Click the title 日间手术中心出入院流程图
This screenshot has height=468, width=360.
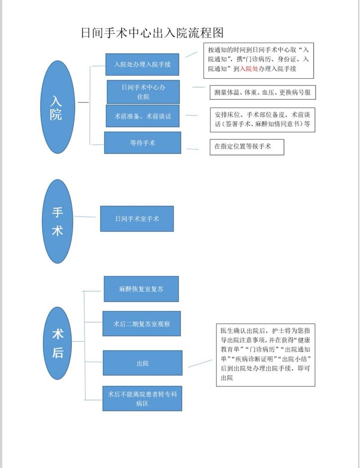[153, 32]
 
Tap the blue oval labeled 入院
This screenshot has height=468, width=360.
[58, 107]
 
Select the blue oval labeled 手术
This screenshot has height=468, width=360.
[58, 221]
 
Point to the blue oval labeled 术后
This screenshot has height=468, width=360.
[58, 343]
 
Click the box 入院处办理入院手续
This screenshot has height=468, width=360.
[142, 64]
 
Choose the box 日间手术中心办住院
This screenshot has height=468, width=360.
[144, 92]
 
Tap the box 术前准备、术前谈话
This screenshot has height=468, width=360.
[143, 116]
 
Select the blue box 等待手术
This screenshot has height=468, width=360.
[143, 143]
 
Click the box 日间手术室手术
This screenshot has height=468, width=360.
[137, 219]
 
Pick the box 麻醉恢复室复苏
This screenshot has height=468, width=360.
[141, 289]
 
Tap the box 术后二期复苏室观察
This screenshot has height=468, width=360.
[142, 324]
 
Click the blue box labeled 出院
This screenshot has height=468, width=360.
[143, 363]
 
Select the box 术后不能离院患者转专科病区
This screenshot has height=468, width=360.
[142, 398]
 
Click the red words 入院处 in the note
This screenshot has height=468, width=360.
[249, 69]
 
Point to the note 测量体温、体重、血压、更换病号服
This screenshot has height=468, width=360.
[263, 93]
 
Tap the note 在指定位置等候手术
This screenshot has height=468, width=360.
[247, 147]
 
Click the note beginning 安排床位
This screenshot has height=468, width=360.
[263, 120]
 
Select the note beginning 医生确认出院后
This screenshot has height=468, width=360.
[265, 355]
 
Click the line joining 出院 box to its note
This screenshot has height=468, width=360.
[200, 363]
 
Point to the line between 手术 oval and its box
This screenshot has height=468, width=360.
[85, 217]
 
